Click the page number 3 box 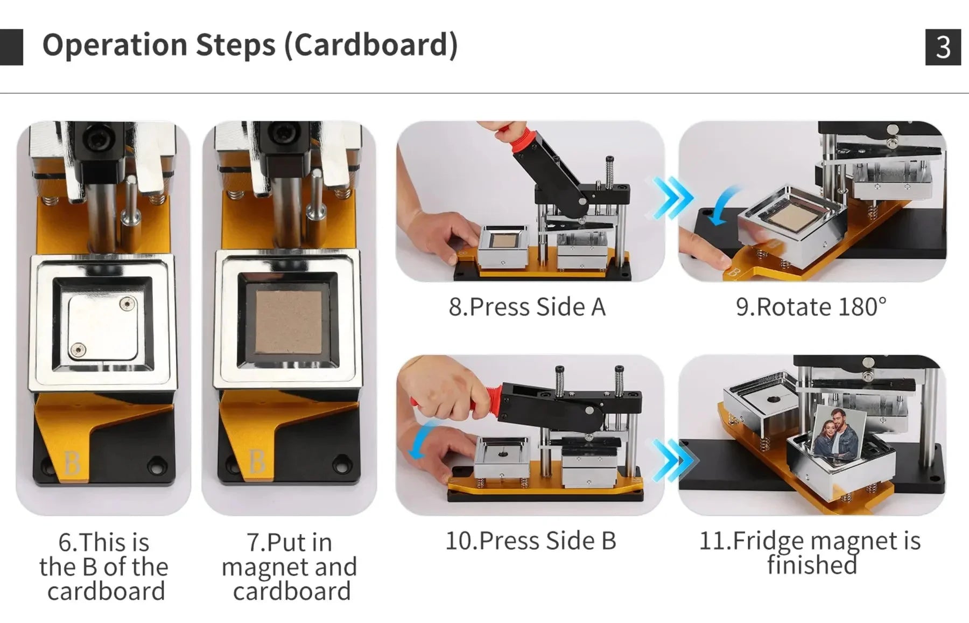click(x=943, y=47)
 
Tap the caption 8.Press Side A click(x=527, y=307)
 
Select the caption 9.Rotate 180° click(x=811, y=307)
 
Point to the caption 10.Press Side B click(x=531, y=541)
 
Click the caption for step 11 click(x=810, y=552)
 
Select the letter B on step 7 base click(x=257, y=461)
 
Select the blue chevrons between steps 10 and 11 click(x=675, y=460)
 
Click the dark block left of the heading click(x=11, y=47)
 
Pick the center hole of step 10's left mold click(x=503, y=454)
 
